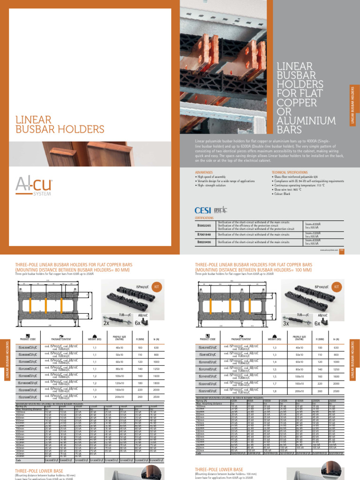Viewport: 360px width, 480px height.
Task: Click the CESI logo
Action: [203, 210]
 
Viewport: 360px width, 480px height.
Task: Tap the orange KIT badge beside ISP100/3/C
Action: [336, 285]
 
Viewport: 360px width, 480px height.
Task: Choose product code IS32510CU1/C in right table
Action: [207, 390]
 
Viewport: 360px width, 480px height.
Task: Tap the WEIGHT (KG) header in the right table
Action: [274, 339]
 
